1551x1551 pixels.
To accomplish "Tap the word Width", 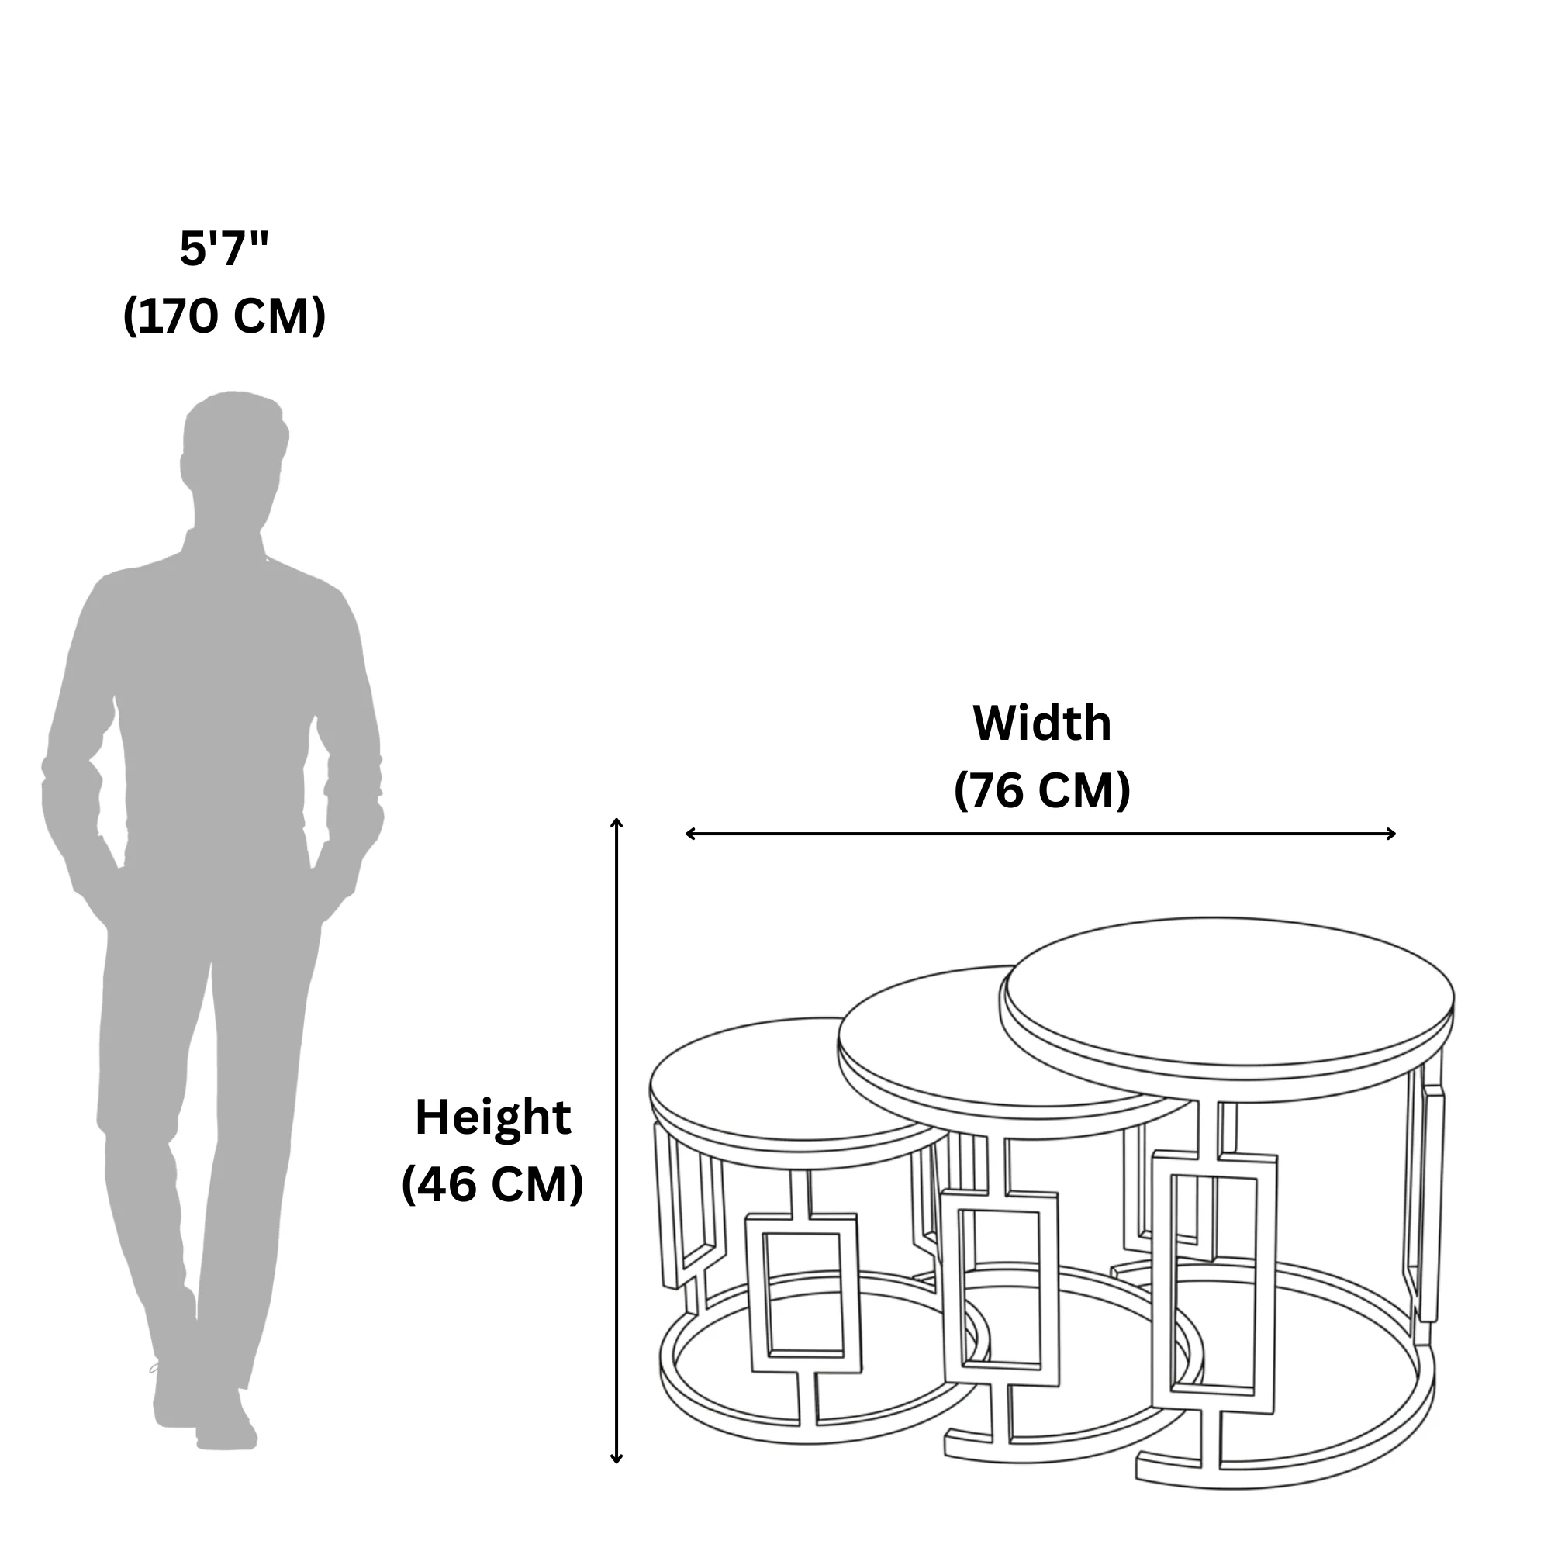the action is [x=1042, y=723].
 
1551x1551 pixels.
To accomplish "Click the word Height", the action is [x=493, y=1117].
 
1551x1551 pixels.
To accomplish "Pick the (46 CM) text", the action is [x=492, y=1184].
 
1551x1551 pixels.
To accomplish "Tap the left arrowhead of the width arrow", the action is [x=690, y=834].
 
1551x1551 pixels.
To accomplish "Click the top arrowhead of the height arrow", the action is [x=617, y=823].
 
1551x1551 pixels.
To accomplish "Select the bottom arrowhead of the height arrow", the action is [x=617, y=1459].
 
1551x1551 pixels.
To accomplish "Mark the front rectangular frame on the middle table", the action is [x=1000, y=1288].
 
